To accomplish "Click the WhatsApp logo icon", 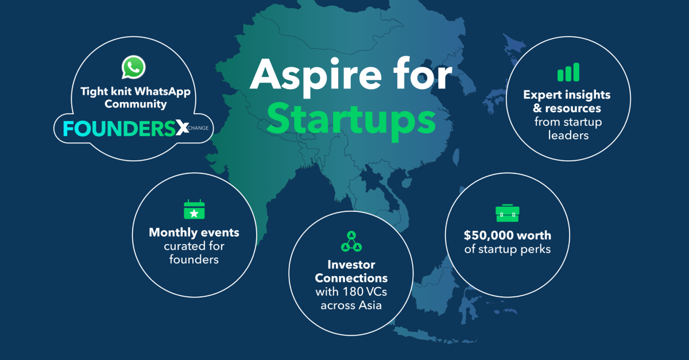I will click(133, 67).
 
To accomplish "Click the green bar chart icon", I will click(568, 72).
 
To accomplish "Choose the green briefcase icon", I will click(507, 212).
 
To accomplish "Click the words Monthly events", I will click(194, 233).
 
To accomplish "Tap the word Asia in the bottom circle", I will click(370, 305).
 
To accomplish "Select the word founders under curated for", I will click(194, 260).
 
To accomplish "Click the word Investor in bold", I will click(351, 265).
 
